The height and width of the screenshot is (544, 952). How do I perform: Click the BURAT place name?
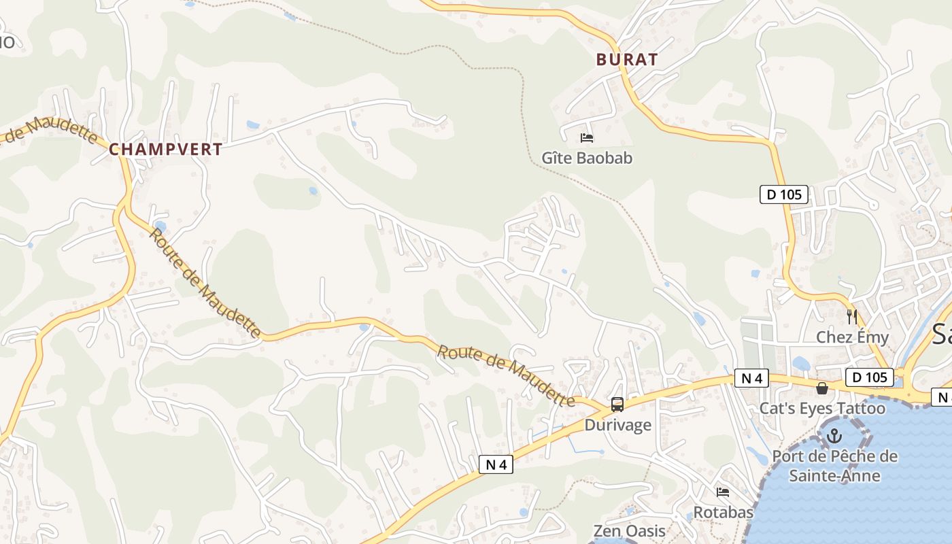627,60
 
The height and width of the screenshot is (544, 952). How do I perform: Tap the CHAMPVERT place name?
165,150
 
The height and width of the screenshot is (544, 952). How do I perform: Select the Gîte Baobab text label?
587,158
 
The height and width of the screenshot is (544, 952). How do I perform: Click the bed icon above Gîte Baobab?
587,138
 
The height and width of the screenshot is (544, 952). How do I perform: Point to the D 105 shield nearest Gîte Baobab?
783,194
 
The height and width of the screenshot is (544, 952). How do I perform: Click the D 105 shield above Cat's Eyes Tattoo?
869,377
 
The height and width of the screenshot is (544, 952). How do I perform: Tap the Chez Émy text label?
852,337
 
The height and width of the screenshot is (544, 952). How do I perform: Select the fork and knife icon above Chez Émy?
852,316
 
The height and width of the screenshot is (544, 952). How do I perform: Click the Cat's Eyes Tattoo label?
822,409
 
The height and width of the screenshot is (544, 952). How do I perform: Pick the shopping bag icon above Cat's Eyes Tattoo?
822,388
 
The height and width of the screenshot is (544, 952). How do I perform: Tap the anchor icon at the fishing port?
834,436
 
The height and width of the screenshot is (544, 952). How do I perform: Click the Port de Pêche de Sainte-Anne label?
834,466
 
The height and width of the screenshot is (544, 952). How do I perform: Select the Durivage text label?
617,426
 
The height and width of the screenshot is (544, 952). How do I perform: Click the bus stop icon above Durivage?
617,405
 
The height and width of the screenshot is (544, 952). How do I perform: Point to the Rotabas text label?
723,512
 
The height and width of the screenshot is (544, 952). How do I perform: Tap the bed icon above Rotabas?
723,492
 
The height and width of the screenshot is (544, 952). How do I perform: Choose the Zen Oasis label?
629,531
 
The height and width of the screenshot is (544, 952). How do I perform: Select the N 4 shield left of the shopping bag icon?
751,378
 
